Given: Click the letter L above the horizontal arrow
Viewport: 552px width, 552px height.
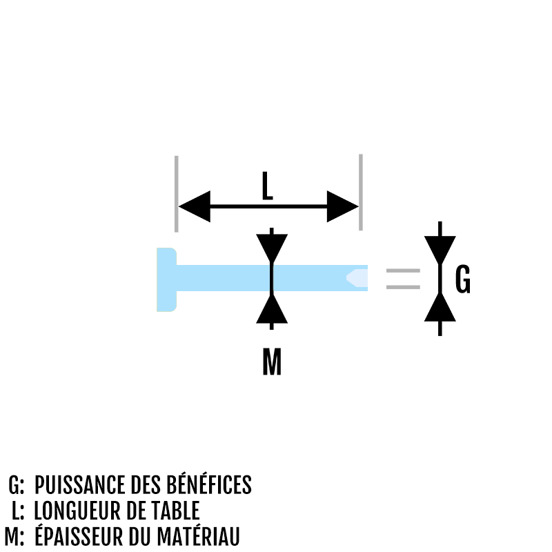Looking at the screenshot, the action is [268, 186].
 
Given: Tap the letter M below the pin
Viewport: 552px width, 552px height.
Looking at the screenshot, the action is [272, 361].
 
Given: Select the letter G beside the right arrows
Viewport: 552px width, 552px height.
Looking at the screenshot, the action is [462, 279].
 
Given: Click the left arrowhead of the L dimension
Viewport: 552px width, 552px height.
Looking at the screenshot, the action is [195, 206].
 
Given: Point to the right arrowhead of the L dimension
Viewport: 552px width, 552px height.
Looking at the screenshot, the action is [342, 206].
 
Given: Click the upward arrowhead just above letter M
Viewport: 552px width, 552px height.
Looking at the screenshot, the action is [272, 309].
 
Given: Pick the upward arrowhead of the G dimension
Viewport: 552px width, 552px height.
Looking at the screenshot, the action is [440, 307].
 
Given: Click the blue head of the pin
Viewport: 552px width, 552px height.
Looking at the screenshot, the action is [166, 279].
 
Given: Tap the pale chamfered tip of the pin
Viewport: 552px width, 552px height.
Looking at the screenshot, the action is [357, 278].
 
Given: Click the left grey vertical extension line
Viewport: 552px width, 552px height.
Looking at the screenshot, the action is [177, 194].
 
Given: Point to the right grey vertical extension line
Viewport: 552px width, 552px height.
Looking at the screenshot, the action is [361, 193].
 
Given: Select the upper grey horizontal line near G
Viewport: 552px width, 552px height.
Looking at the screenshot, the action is [403, 270].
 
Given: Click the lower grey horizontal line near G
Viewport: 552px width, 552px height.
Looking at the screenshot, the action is [403, 287].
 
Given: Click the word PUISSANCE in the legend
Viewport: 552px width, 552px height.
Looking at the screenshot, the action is [80, 485].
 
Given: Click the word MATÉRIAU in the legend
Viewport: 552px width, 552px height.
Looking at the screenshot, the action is [198, 535].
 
